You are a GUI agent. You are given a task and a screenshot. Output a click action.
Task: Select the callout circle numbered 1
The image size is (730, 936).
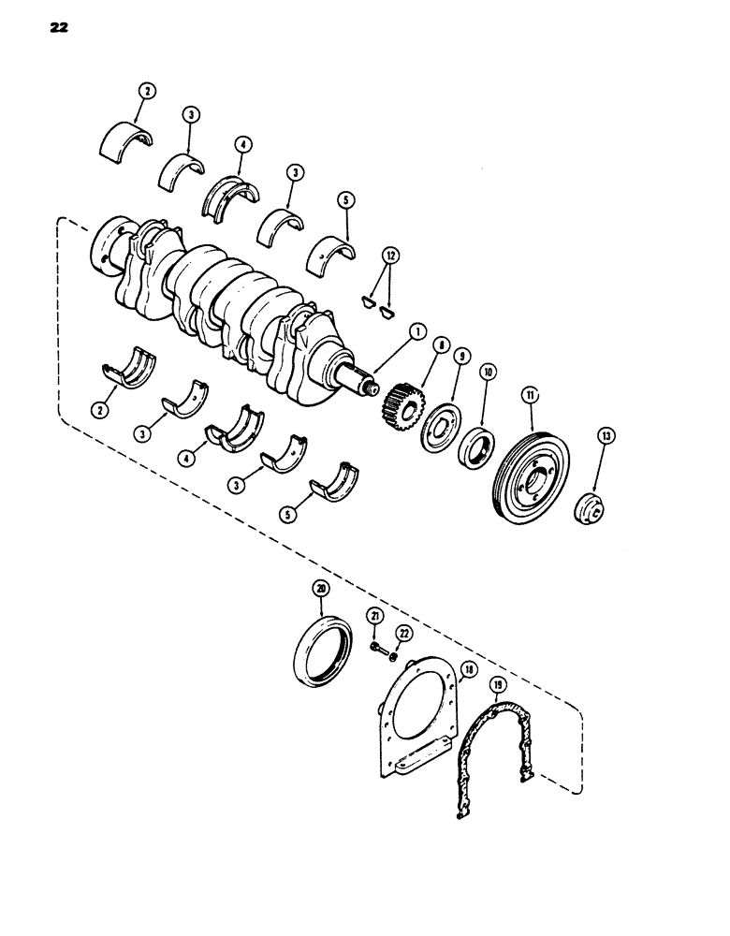[416, 330]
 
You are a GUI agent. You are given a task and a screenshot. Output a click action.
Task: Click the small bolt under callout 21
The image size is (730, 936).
[375, 647]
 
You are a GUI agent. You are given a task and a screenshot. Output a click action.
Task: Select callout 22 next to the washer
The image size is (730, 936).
[404, 634]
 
